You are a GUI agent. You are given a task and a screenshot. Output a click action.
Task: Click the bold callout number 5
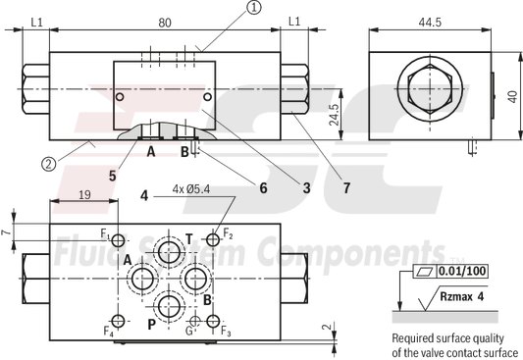click(114, 176)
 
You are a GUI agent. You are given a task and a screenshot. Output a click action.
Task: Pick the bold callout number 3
click(305, 185)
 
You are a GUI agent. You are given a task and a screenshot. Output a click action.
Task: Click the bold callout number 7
click(346, 185)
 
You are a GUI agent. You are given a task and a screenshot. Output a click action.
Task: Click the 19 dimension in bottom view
click(84, 196)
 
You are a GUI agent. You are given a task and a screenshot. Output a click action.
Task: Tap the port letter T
click(189, 236)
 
